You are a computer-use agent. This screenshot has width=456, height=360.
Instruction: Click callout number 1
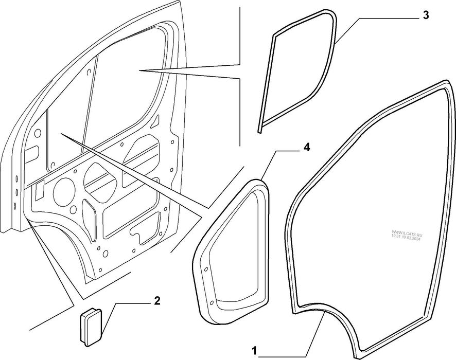pyautogui.click(x=254, y=351)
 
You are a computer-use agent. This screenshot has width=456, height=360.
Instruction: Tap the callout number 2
pyautogui.click(x=157, y=301)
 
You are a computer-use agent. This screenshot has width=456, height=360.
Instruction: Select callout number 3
pyautogui.click(x=426, y=15)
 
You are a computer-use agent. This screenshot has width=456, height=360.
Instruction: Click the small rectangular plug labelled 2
pyautogui.click(x=91, y=327)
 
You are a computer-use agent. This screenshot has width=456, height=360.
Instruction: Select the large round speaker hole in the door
pyautogui.click(x=64, y=193)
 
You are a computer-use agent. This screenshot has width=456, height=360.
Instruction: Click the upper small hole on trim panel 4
pyautogui.click(x=206, y=269)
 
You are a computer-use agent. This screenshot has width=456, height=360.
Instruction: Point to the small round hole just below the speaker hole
pyautogui.click(x=74, y=209)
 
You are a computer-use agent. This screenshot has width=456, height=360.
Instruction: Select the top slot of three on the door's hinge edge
pyautogui.click(x=16, y=178)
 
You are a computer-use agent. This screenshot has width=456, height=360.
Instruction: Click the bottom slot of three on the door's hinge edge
pyautogui.click(x=15, y=206)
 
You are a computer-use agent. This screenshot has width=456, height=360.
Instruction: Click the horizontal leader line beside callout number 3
pyautogui.click(x=389, y=18)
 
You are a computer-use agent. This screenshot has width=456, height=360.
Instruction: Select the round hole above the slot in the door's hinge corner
pyautogui.click(x=38, y=134)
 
